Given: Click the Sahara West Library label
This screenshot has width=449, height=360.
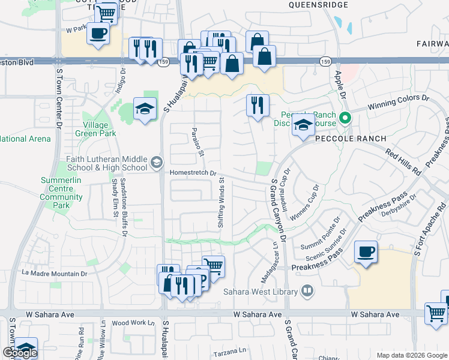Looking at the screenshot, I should tap(261, 292).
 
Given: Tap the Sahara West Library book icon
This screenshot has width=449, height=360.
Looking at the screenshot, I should tap(307, 292).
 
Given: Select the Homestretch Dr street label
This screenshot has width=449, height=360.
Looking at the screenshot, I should tap(193, 173).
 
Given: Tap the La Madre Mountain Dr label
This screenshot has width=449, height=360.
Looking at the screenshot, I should tap(55, 273).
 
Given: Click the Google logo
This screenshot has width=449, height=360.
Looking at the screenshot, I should tap(20, 353).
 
